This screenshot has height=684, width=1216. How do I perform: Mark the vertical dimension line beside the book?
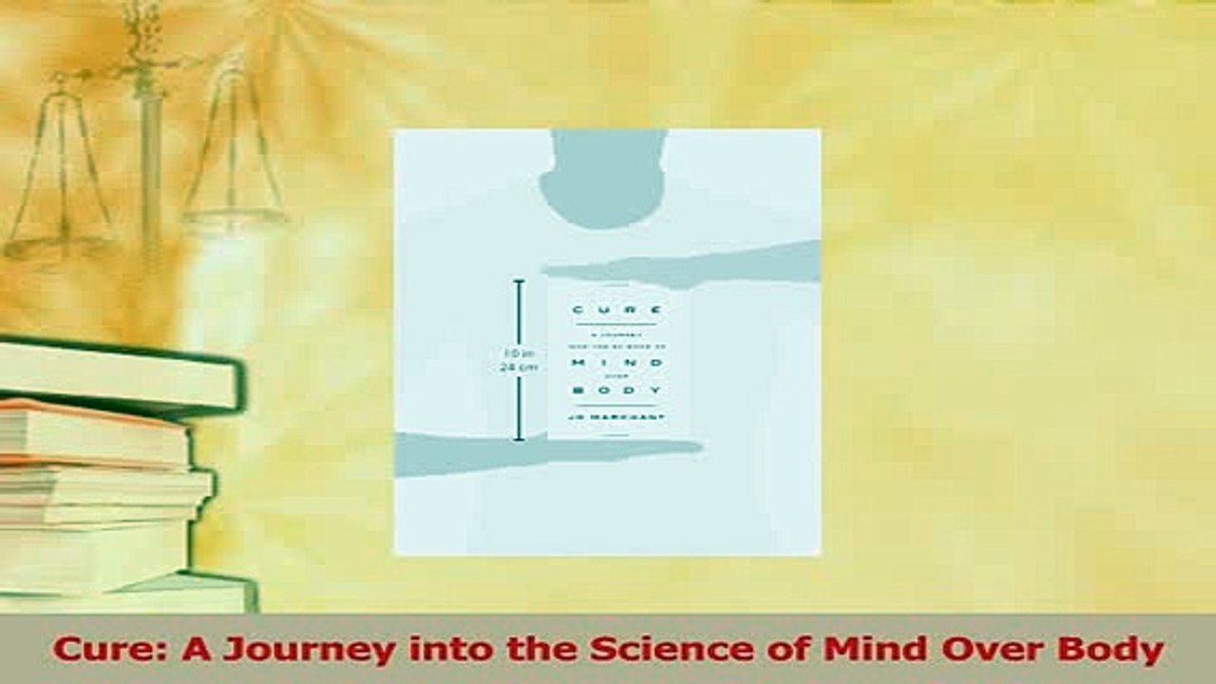click(x=519, y=361)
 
